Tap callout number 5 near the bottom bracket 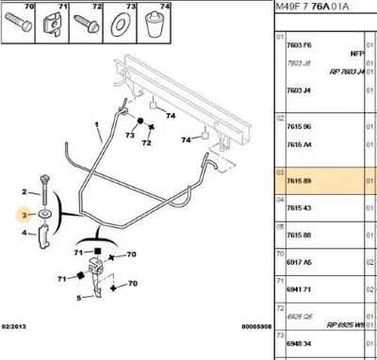tap(78, 296)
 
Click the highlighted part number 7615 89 tap(300, 179)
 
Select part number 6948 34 tap(300, 345)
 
